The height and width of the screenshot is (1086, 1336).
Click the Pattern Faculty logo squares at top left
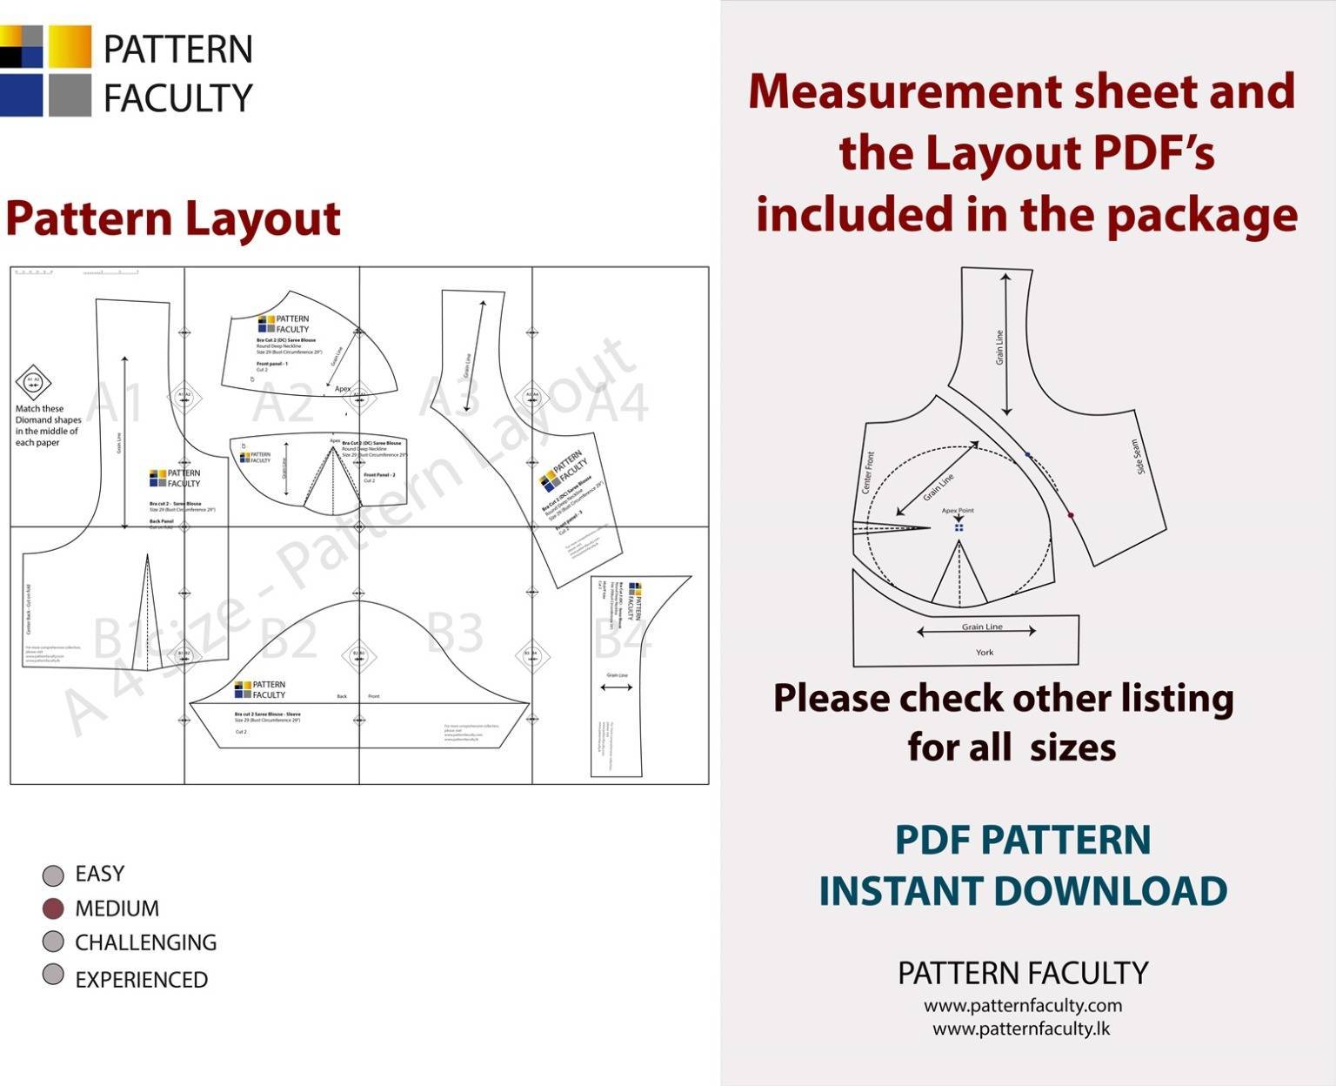click(45, 70)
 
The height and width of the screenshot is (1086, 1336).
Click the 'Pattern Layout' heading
click(172, 218)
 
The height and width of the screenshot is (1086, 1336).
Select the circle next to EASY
click(53, 875)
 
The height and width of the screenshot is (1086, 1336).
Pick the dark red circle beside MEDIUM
click(53, 908)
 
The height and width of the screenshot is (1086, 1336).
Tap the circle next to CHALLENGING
click(53, 942)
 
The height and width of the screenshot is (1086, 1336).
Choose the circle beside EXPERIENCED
click(53, 975)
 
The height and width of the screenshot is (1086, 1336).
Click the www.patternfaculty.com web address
click(1023, 1006)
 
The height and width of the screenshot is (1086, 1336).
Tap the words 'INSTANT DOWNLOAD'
click(1023, 891)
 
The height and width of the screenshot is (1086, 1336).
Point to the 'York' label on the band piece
click(984, 652)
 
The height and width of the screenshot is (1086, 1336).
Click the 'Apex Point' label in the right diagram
click(958, 511)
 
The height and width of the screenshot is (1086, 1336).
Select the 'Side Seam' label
click(1138, 457)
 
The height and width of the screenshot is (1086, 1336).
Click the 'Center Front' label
click(867, 473)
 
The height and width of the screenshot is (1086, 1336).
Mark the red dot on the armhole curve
click(1071, 515)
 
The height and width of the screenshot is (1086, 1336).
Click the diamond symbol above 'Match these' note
click(33, 382)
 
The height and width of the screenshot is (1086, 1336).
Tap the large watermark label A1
click(114, 402)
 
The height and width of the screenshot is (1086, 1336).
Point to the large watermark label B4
click(621, 637)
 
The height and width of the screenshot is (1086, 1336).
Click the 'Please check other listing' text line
click(1003, 699)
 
